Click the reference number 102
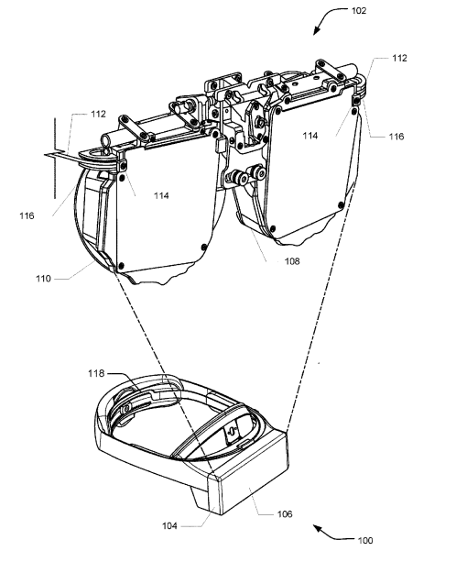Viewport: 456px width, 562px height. (x=359, y=11)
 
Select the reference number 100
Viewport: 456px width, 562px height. (x=365, y=540)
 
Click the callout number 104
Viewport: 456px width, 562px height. (x=169, y=526)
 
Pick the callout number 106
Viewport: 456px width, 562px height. (x=285, y=514)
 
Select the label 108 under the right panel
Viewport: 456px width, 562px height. (x=292, y=261)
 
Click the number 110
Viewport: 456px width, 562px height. (x=43, y=279)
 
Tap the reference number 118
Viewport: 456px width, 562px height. (x=96, y=373)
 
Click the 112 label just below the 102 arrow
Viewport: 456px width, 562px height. (x=399, y=58)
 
